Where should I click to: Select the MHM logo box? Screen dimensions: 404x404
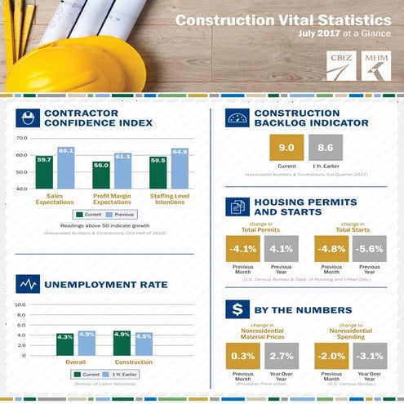tap(375, 65)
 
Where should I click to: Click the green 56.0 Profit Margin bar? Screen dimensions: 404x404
tap(101, 175)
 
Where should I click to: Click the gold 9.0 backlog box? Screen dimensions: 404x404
tap(286, 149)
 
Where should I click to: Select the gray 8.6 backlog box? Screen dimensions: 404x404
tap(325, 149)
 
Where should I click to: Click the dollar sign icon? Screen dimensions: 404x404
tap(236, 309)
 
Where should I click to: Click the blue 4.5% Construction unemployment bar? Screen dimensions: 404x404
tap(144, 344)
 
